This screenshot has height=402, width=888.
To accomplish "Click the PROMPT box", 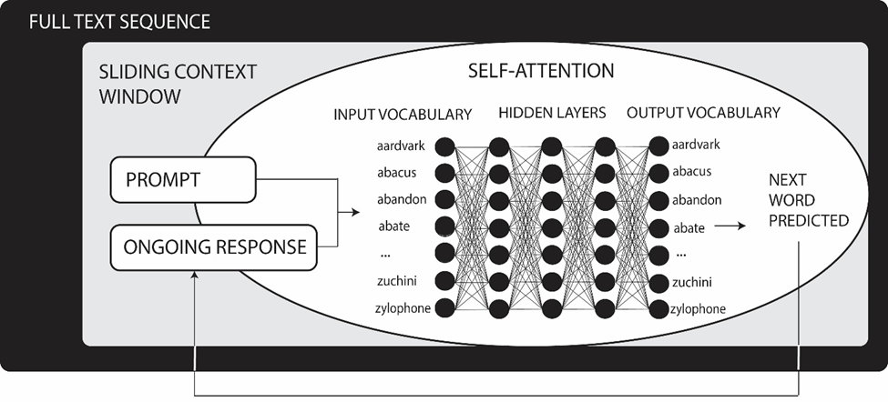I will tap(183, 180).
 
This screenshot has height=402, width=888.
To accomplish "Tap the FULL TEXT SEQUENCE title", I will tap(119, 21).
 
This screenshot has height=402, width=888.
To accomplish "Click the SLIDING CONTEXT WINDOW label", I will tap(177, 83).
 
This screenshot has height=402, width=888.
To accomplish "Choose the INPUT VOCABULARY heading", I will tap(403, 115).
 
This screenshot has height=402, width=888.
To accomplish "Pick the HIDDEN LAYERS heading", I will tap(551, 115).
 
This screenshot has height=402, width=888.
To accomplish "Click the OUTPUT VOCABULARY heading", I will tap(703, 114).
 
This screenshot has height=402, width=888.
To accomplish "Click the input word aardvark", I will tap(401, 146).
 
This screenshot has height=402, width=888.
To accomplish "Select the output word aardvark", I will tap(696, 146).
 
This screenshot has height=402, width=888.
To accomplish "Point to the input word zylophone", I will tap(402, 308).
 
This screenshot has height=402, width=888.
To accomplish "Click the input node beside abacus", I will tap(444, 173).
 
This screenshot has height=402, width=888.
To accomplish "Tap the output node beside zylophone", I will tap(658, 308).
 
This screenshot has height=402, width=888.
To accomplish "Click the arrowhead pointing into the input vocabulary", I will tap(356, 213).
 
